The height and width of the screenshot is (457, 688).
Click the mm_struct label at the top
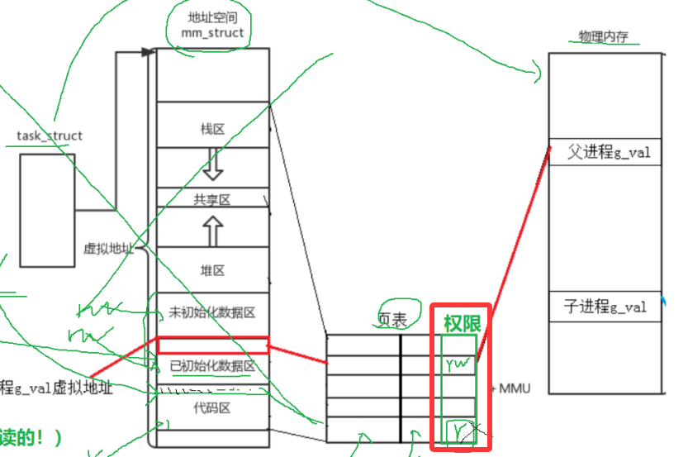click(x=212, y=33)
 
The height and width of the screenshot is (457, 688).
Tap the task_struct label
click(x=50, y=136)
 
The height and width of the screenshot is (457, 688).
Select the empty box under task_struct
click(x=47, y=210)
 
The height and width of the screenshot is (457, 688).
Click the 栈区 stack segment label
click(x=212, y=129)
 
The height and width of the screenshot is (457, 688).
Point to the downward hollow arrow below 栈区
click(x=213, y=165)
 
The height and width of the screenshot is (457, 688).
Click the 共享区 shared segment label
click(x=212, y=198)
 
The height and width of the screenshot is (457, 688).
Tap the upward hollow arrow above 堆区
click(x=213, y=231)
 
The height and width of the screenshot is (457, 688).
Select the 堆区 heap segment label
click(x=212, y=270)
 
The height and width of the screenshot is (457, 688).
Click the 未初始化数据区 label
click(x=212, y=312)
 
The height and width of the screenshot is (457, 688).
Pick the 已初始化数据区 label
click(x=212, y=366)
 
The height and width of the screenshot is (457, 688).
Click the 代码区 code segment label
click(x=212, y=407)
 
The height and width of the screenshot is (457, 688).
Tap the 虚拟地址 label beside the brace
click(x=108, y=248)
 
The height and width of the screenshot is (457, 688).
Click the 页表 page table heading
click(x=391, y=321)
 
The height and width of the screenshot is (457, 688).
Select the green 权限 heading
click(x=462, y=323)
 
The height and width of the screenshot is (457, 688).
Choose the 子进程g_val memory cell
click(x=605, y=307)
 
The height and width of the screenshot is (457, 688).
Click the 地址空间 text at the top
click(x=211, y=17)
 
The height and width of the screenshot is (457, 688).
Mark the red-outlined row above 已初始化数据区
click(x=212, y=345)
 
